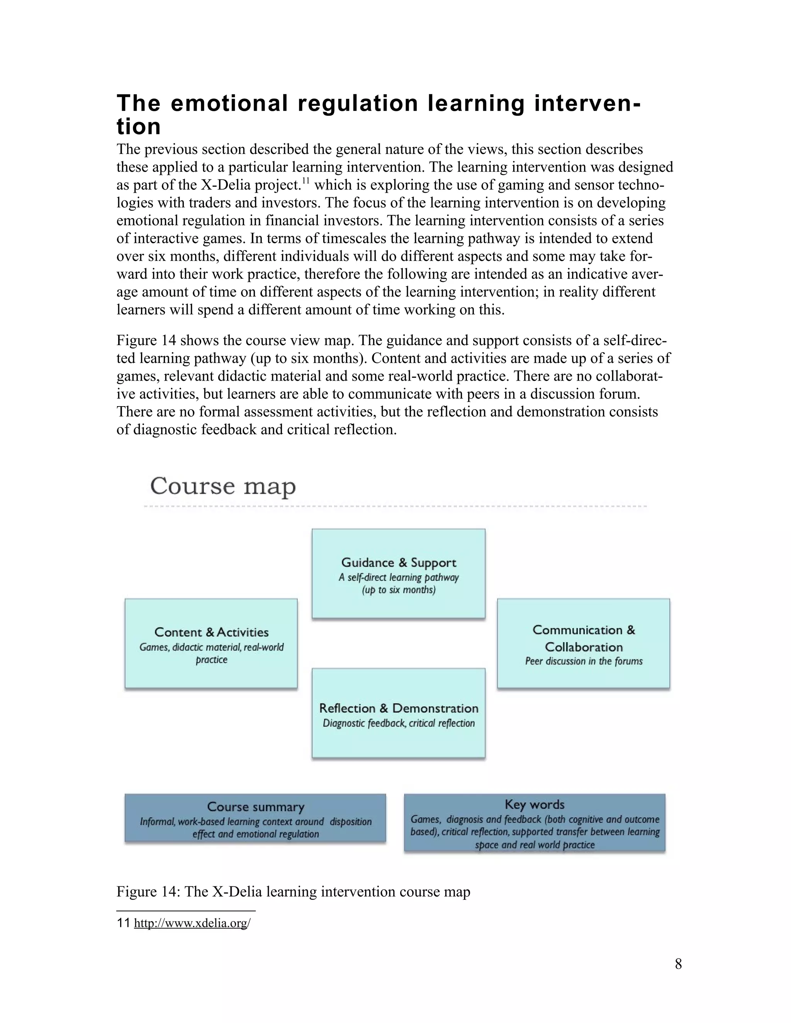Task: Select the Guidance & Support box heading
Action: click(398, 562)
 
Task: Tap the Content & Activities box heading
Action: click(211, 632)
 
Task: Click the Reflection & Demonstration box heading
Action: click(398, 708)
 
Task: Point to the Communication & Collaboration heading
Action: click(584, 639)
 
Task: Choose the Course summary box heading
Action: click(255, 806)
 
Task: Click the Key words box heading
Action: click(534, 804)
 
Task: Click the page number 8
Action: click(678, 964)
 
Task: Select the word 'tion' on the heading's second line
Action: click(139, 127)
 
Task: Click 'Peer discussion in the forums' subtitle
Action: click(584, 661)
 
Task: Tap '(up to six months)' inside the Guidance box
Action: click(398, 590)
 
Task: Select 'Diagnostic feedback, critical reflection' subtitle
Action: click(398, 723)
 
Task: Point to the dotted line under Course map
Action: click(395, 506)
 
